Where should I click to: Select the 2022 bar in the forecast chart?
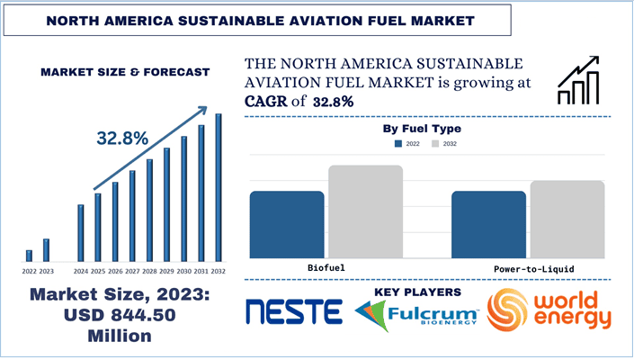29,256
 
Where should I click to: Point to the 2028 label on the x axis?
149,271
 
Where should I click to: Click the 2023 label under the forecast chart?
47,271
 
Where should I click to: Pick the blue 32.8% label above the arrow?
122,139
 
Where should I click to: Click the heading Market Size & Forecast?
124,71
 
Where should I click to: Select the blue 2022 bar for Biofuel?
287,225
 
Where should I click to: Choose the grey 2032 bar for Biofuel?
364,212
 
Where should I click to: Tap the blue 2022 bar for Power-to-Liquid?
488,225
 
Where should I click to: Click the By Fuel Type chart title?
422,129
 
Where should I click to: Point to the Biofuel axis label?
326,268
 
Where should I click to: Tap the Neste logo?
294,312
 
